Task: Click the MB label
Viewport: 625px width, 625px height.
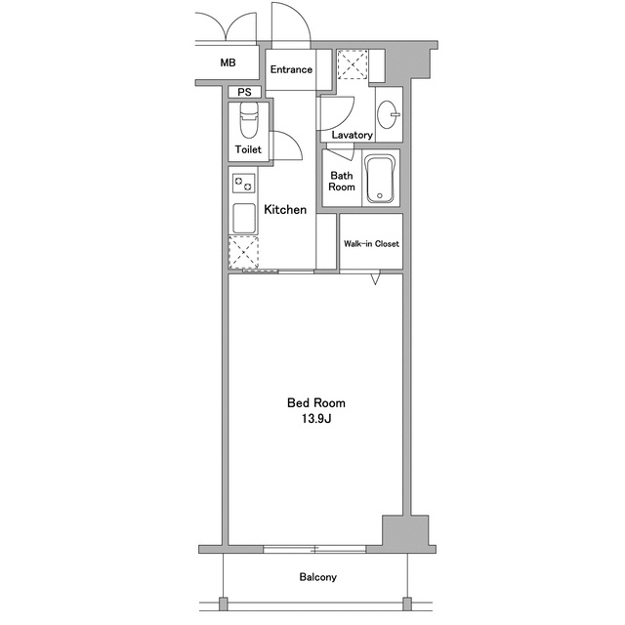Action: point(228,62)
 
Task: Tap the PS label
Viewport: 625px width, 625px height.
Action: point(244,93)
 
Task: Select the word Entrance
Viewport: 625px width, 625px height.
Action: point(291,69)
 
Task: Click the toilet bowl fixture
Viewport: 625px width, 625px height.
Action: point(249,119)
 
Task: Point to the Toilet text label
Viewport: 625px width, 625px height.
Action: point(248,149)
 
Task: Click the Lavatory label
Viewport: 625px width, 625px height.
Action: point(352,135)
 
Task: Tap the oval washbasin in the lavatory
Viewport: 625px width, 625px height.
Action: point(388,115)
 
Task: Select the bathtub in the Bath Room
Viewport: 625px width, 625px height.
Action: point(381,179)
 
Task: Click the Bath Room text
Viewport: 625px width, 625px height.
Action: point(342,182)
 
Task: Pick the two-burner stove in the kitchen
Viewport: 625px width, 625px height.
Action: point(243,184)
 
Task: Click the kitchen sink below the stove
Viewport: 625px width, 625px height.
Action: point(244,218)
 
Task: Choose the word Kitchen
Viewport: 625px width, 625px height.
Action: point(285,210)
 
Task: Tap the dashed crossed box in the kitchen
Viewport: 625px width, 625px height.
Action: point(243,252)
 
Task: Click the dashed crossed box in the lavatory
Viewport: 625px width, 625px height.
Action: point(353,64)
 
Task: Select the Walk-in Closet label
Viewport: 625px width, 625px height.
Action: point(371,244)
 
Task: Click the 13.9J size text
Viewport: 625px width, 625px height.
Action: point(316,419)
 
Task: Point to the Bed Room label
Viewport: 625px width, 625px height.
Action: point(316,403)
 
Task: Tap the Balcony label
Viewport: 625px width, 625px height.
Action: point(318,577)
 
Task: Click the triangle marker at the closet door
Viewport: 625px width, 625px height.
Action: point(375,277)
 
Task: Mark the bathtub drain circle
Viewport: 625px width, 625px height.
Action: point(380,195)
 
